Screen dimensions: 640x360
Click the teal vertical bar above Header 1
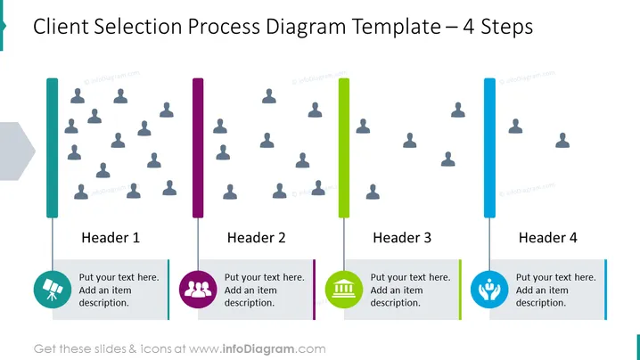(53, 148)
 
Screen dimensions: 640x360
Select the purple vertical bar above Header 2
(198, 148)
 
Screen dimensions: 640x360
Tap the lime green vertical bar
(344, 148)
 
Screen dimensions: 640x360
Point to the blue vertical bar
(489, 148)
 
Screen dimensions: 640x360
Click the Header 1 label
(111, 238)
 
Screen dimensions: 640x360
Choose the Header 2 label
(257, 238)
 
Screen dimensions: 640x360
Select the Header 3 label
(402, 238)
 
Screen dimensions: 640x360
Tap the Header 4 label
(548, 238)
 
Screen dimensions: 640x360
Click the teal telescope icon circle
(53, 290)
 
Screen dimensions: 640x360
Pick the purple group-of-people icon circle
(198, 290)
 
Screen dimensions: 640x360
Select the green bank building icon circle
(344, 290)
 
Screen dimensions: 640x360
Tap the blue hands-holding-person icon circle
(489, 290)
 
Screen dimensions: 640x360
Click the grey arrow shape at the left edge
(16, 151)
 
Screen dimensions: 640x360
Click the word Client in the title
(61, 27)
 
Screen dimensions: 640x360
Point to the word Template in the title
(396, 28)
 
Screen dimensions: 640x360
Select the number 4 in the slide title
(468, 27)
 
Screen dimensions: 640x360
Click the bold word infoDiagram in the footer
(258, 349)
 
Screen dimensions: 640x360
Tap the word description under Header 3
(395, 303)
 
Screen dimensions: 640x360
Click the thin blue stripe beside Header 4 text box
(606, 290)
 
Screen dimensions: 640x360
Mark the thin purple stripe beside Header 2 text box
(315, 290)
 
